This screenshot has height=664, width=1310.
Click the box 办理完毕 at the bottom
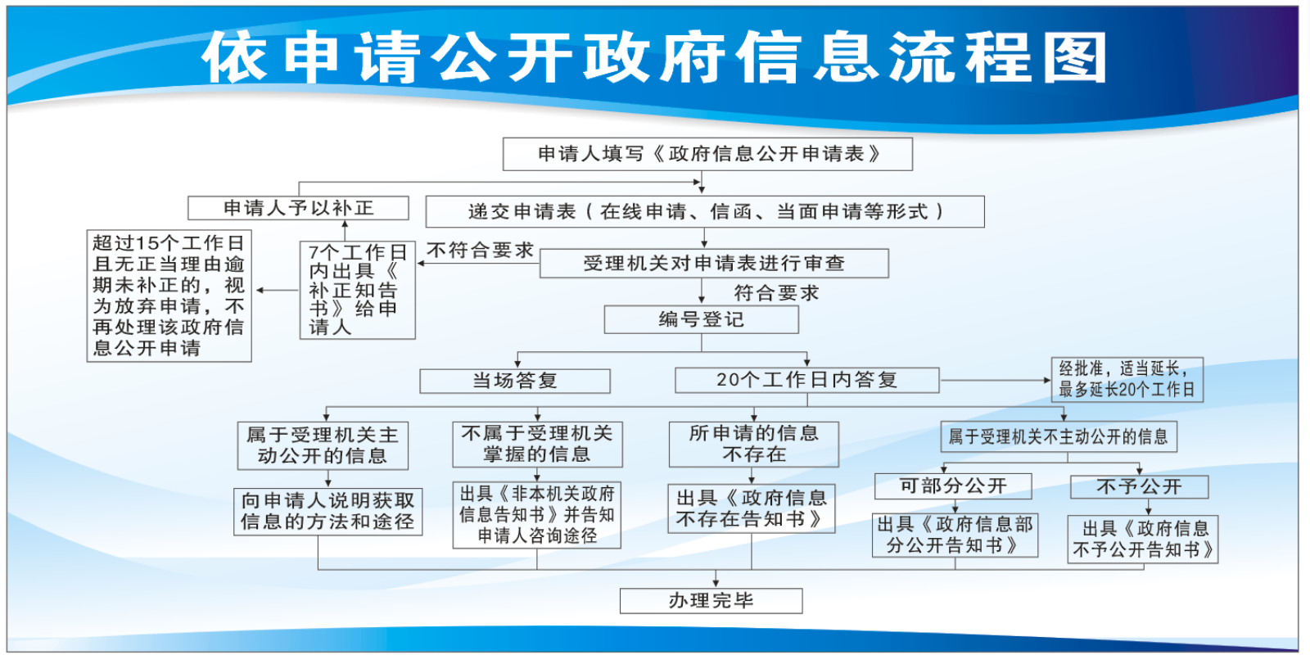pyautogui.click(x=711, y=601)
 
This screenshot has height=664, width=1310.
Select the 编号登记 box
pyautogui.click(x=701, y=319)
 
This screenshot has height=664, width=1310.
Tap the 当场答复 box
pyautogui.click(x=515, y=381)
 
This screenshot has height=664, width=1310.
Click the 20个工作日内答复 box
pyautogui.click(x=806, y=380)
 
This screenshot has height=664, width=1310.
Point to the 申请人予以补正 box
pyautogui.click(x=298, y=208)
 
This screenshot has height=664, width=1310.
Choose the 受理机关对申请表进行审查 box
pyautogui.click(x=713, y=263)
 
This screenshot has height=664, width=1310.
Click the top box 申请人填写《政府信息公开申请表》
pyautogui.click(x=707, y=154)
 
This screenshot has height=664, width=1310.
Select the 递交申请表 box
pyautogui.click(x=705, y=211)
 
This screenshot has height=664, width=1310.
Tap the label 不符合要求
pyautogui.click(x=480, y=251)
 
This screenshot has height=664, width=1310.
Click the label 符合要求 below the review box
pyautogui.click(x=776, y=293)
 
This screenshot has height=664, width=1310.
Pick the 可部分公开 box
pyautogui.click(x=953, y=486)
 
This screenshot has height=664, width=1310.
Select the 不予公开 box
pyautogui.click(x=1139, y=487)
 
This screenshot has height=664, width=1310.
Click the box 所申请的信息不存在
pyautogui.click(x=753, y=444)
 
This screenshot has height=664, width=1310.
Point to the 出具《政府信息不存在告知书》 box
pyautogui.click(x=751, y=508)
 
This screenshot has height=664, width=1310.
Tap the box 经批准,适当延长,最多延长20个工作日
pyautogui.click(x=1127, y=379)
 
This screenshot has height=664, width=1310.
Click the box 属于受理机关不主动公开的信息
pyautogui.click(x=1058, y=436)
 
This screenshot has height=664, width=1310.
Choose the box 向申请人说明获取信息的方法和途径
pyautogui.click(x=327, y=511)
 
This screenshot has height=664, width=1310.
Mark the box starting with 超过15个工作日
pyautogui.click(x=169, y=296)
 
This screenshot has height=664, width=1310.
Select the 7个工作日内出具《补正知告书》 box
pyautogui.click(x=357, y=290)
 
